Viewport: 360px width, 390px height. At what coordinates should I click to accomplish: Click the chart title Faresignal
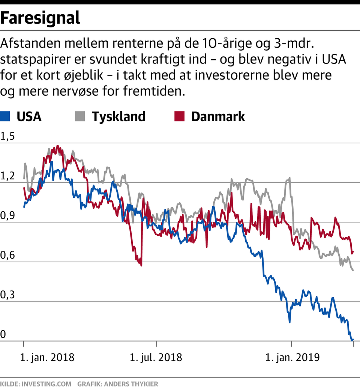pyautogui.click(x=40, y=18)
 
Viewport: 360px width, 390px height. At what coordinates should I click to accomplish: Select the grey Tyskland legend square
pyautogui.click(x=80, y=116)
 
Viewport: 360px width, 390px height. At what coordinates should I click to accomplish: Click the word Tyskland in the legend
pyautogui.click(x=119, y=116)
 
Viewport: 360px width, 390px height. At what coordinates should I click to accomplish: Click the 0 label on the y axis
pyautogui.click(x=3, y=334)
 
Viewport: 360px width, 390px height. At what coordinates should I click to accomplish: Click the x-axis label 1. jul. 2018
pyautogui.click(x=156, y=357)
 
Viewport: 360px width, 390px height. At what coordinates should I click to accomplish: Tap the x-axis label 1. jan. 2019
pyautogui.click(x=292, y=357)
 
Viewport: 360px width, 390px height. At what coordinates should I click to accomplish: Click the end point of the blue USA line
pyautogui.click(x=353, y=339)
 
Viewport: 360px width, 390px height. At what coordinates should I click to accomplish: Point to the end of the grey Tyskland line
pyautogui.click(x=353, y=270)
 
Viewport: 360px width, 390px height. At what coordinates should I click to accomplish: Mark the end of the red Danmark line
pyautogui.click(x=353, y=252)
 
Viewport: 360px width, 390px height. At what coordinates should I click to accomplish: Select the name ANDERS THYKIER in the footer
pyautogui.click(x=131, y=384)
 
